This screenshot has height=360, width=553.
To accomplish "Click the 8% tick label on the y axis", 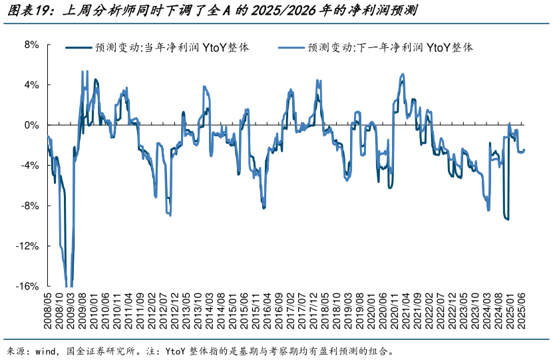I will point(32,45).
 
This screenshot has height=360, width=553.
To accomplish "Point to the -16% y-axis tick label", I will point(29,286).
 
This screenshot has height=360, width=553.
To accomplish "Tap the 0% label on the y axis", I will point(32,125).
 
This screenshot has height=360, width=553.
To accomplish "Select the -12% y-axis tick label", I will point(29,246).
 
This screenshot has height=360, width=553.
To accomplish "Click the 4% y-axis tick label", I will point(32,85).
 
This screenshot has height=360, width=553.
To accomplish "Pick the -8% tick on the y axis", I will point(31,206).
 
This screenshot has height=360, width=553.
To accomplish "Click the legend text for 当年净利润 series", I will point(172,48).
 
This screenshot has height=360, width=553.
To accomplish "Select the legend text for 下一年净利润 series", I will point(390,48).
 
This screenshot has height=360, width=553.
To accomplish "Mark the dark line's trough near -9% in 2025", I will point(508,219).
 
